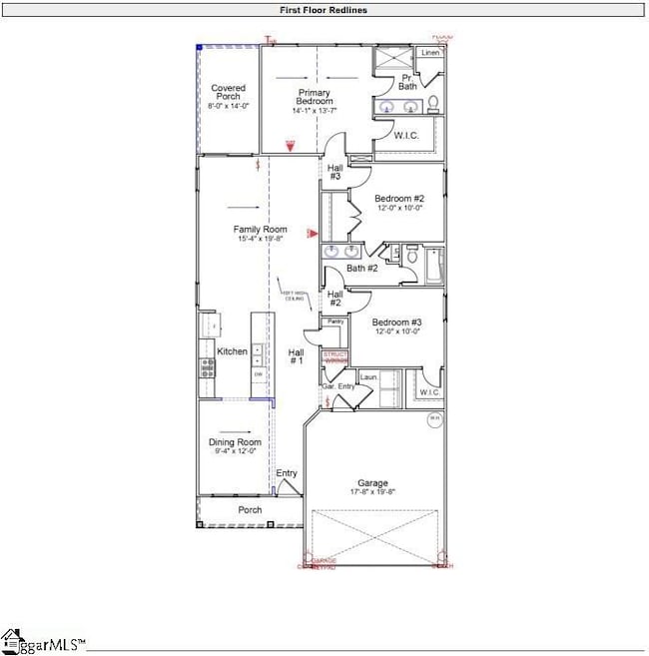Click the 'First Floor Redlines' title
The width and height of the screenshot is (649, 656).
323,10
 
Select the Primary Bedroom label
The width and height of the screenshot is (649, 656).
313,97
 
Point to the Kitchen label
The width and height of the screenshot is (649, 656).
232,351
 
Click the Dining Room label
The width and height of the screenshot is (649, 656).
235,442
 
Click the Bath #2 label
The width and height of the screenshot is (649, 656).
361,268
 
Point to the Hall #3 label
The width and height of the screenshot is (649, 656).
335,172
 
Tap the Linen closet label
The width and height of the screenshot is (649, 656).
430,52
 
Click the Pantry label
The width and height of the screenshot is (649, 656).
335,322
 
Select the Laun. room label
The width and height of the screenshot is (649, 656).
366,376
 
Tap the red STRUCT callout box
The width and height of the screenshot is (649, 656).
335,356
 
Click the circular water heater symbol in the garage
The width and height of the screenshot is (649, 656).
434,420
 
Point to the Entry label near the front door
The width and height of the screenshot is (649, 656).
287,473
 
